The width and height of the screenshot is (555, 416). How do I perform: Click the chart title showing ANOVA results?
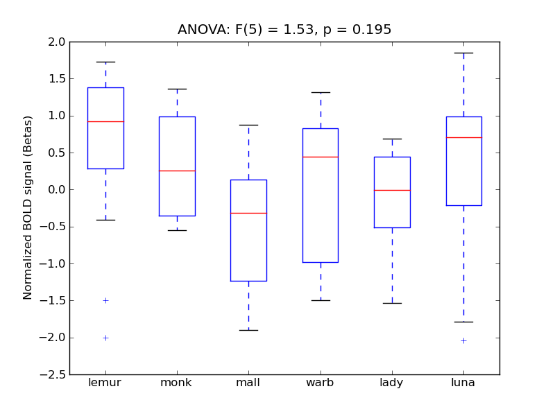tap(284, 30)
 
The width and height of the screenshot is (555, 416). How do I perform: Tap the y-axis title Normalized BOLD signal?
tap(28, 208)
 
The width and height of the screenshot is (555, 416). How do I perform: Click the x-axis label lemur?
tap(105, 383)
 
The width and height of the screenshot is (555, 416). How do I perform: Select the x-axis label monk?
tap(177, 383)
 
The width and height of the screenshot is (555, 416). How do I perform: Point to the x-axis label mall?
tap(248, 383)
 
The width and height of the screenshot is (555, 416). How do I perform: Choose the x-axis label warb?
tap(321, 383)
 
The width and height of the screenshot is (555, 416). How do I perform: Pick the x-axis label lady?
tap(392, 383)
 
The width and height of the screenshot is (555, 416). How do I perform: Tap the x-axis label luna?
tap(463, 383)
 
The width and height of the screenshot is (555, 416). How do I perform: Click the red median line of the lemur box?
tap(105, 121)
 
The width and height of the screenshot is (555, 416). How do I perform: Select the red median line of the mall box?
tap(248, 213)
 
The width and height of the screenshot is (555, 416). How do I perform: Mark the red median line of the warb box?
tap(321, 157)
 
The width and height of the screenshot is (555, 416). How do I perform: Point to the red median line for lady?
tap(392, 190)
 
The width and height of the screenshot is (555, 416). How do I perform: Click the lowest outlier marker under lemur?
tap(105, 338)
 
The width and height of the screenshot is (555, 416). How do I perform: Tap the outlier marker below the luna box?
tap(463, 340)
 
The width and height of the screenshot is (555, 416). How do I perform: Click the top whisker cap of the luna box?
tap(463, 53)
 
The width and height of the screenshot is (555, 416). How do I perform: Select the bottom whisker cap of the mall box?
tap(248, 330)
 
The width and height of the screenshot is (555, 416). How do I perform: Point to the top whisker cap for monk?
tap(177, 89)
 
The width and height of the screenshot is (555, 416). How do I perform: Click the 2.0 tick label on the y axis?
tap(57, 42)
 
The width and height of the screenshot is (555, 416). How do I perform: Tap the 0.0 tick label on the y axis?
tap(57, 189)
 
